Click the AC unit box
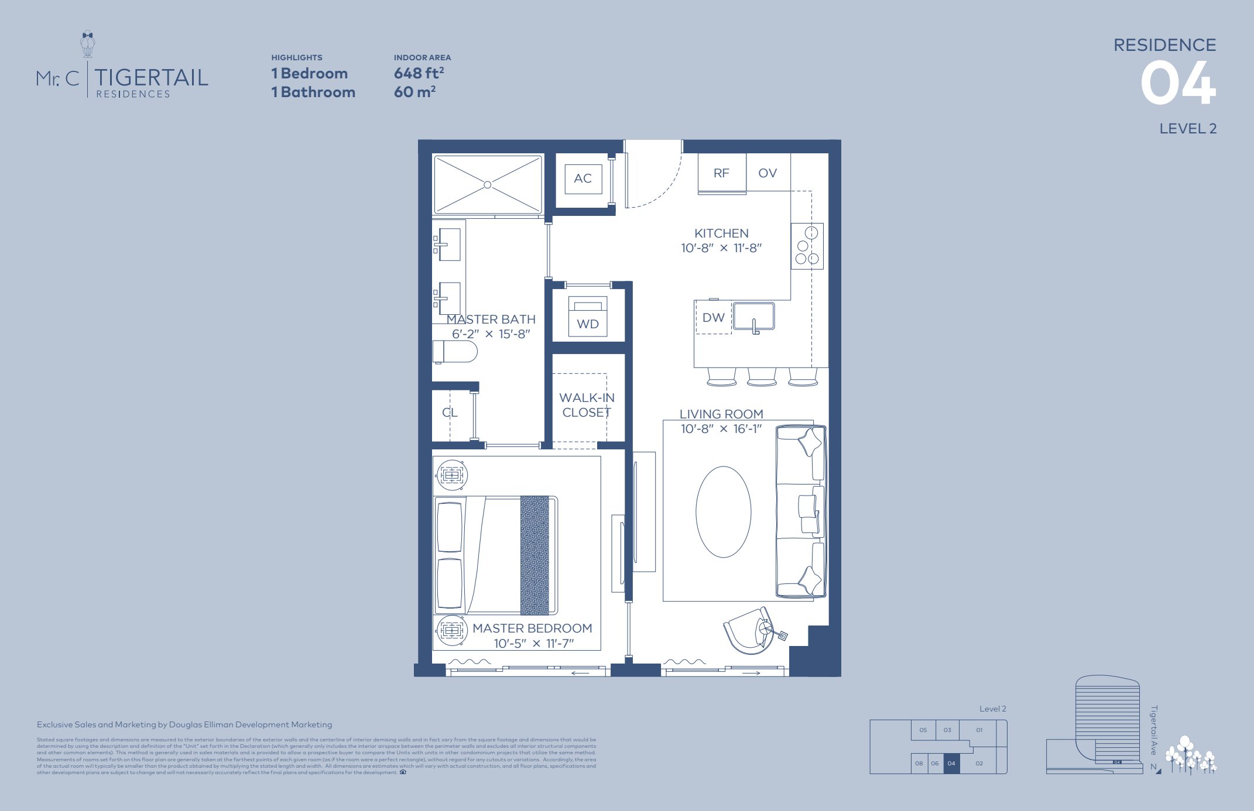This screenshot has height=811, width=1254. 583,179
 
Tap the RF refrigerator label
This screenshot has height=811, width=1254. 721,173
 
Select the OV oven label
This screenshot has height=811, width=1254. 768,173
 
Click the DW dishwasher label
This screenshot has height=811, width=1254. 714,318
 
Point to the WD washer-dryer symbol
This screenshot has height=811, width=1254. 588,317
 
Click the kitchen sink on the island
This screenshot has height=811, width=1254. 754,317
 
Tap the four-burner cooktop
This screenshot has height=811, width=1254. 807,246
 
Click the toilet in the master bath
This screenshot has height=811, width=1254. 455,352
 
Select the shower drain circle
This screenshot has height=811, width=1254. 488,185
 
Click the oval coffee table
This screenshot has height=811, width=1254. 724,511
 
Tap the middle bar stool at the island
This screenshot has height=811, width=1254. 762,377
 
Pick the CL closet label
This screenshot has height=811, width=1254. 450,413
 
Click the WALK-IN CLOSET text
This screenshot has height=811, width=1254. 587,405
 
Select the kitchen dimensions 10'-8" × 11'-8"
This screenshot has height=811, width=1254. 721,248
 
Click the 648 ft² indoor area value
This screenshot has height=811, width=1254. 419,74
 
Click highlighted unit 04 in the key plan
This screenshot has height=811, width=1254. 951,764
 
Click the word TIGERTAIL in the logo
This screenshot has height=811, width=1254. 152,77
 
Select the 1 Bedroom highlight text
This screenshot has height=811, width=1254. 310,74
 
